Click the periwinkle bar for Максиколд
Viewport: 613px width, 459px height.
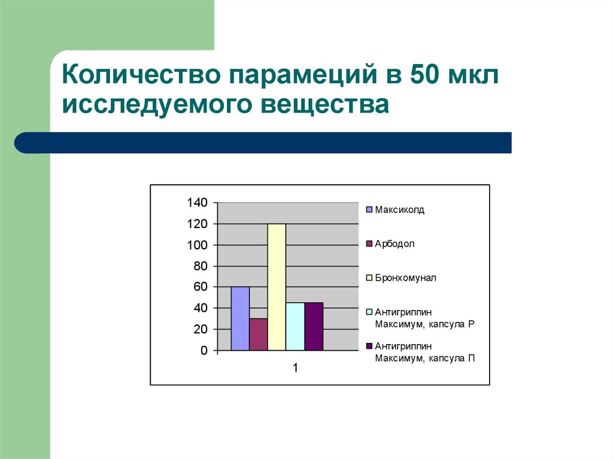click(x=240, y=318)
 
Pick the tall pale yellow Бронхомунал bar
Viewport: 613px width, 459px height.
click(x=277, y=287)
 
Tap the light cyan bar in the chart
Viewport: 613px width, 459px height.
click(x=295, y=326)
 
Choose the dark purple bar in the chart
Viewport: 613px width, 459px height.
click(x=314, y=326)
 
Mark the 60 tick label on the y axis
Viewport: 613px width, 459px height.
click(x=201, y=287)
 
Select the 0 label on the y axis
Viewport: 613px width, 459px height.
click(x=204, y=350)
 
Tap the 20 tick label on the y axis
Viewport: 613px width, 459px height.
click(x=201, y=329)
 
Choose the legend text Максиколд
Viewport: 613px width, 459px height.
click(x=399, y=210)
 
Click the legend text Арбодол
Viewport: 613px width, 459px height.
click(x=394, y=244)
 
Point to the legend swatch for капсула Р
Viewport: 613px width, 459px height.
click(x=369, y=312)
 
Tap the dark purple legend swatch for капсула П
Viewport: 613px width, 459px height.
click(x=369, y=346)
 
